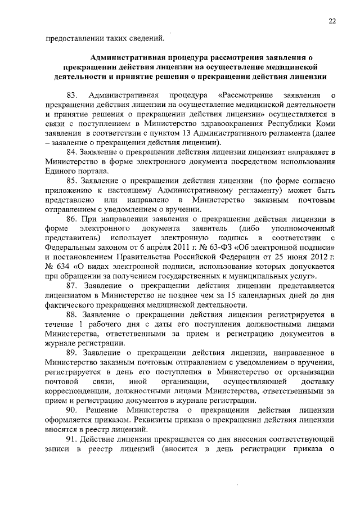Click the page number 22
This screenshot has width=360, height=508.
(x=332, y=21)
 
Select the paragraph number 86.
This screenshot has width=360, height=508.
(x=72, y=219)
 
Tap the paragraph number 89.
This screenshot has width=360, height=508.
(x=72, y=352)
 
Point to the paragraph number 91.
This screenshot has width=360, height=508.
(x=72, y=437)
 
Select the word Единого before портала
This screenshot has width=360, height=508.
(x=61, y=171)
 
